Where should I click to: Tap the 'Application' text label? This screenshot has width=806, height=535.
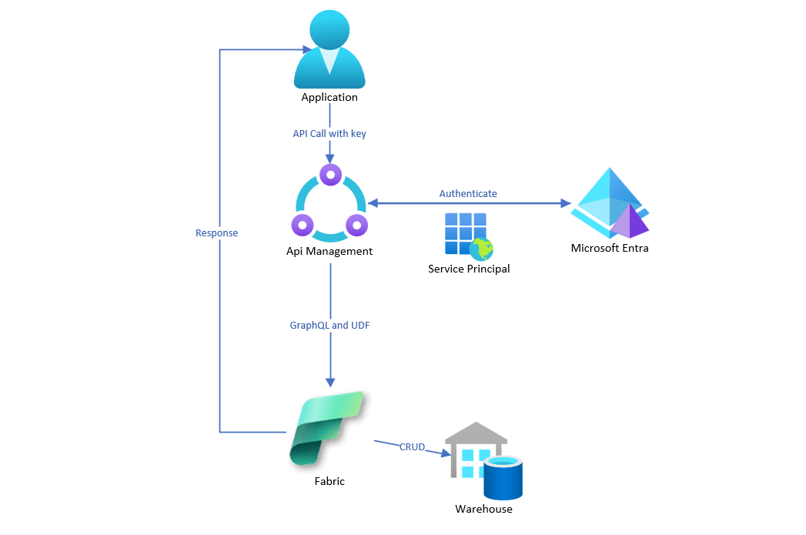(329, 98)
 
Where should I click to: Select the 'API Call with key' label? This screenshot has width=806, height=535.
(329, 133)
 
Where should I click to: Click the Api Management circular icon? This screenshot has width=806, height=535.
(330, 203)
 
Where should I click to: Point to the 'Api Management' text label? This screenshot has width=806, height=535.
(330, 251)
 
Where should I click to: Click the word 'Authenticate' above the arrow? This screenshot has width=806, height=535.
(468, 193)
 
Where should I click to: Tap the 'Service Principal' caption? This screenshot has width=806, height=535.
(469, 269)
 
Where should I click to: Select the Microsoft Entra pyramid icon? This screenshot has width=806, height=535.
(610, 203)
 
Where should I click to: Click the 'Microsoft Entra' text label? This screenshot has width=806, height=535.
(610, 248)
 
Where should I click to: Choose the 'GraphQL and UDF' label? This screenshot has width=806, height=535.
(329, 326)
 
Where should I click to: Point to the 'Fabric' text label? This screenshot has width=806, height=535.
(329, 481)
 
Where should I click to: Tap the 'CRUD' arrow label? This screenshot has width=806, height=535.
(412, 446)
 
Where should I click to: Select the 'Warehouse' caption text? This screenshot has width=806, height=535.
(483, 509)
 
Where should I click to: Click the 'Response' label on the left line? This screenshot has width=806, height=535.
(217, 232)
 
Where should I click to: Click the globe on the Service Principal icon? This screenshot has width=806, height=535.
(482, 249)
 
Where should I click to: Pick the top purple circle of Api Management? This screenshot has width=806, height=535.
(330, 175)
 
